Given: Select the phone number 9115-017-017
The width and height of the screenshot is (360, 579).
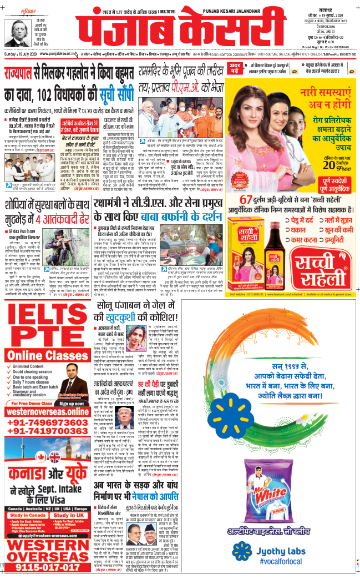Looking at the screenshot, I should pos(47,567).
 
